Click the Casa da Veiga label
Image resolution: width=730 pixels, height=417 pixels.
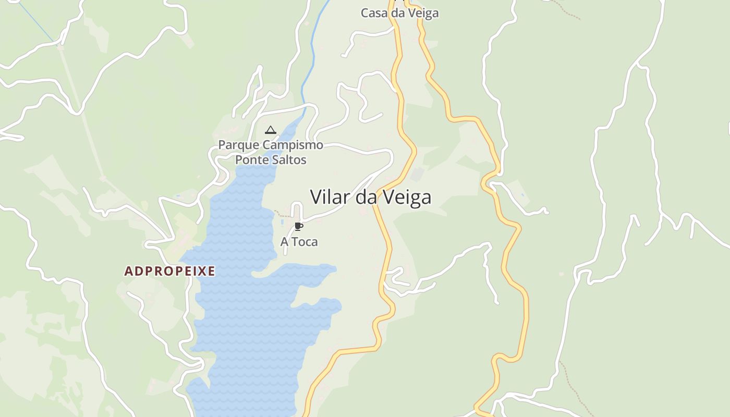pyautogui.click(x=399, y=13)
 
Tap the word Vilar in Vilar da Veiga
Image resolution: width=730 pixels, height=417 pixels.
pyautogui.click(x=331, y=197)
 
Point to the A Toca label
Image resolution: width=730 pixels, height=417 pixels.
pyautogui.click(x=299, y=242)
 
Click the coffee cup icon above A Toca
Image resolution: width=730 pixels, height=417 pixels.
pyautogui.click(x=298, y=226)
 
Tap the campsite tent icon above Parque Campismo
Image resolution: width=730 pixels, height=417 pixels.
pyautogui.click(x=270, y=130)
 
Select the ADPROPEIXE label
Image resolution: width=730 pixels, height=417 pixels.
pyautogui.click(x=169, y=271)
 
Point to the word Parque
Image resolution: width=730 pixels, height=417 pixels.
pyautogui.click(x=239, y=145)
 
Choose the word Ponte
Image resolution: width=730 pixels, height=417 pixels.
pyautogui.click(x=251, y=160)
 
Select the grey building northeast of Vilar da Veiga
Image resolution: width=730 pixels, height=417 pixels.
pyautogui.click(x=417, y=174)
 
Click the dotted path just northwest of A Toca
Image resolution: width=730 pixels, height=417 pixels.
pyautogui.click(x=282, y=214)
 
